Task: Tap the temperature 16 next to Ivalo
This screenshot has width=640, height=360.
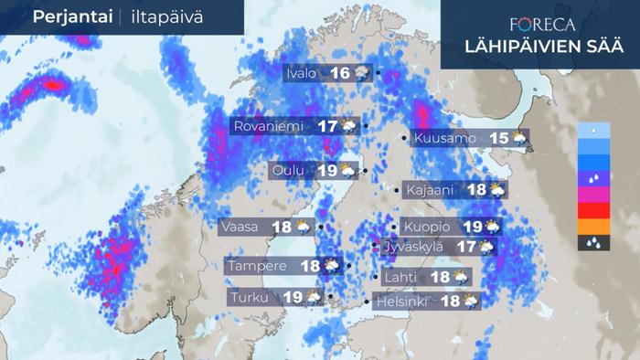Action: pos(340,74)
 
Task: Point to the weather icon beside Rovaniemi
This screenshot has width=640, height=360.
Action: pos(349,126)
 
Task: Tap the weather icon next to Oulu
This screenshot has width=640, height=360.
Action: pos(348,170)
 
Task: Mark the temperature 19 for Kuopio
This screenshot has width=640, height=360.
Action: pos(472,227)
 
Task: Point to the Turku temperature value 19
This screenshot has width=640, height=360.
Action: pos(293,297)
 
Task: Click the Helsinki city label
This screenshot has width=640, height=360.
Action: pos(403,301)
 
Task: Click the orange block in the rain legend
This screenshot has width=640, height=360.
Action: pos(592,227)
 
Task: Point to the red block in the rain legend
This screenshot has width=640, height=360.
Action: pos(592,211)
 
